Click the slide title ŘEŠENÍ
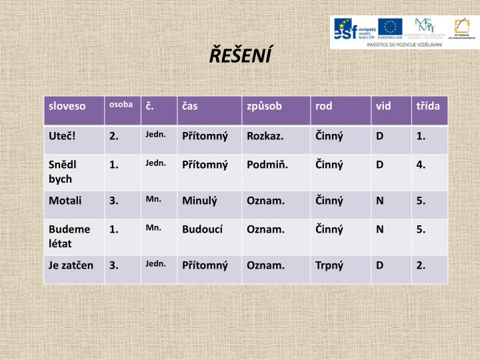pos(240,55)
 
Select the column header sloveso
pos(67,106)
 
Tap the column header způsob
pos(265,106)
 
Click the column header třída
pos(428,106)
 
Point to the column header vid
pos(383,106)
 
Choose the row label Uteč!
pos(62,136)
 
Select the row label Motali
pos(65,200)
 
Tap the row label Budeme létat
pos(69,236)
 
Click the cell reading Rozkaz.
pos(265,136)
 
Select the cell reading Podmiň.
pos(267,165)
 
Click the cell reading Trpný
pos(329,265)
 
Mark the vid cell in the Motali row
pos(380,200)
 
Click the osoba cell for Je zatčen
pos(115,265)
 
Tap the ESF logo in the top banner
pos(354,28)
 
